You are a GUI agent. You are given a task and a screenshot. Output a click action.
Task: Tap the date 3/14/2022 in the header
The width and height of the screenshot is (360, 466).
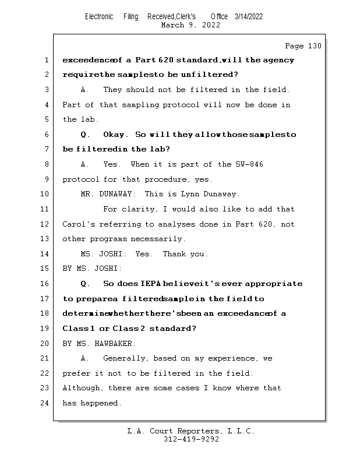249,16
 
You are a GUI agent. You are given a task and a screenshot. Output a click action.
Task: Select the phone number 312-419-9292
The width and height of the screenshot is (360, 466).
191,439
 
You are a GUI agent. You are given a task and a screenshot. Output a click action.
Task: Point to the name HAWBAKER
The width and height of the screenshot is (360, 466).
114,344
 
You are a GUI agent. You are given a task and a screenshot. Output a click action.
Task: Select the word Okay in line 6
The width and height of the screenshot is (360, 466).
114,135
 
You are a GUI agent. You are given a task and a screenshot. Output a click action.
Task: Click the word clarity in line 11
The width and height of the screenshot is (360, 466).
139,209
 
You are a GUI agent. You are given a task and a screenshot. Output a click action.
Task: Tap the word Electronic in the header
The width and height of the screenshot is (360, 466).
99,16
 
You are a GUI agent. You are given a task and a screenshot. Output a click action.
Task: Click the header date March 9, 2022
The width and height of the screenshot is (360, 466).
190,25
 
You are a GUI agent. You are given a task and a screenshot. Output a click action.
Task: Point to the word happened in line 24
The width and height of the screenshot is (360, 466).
102,403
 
